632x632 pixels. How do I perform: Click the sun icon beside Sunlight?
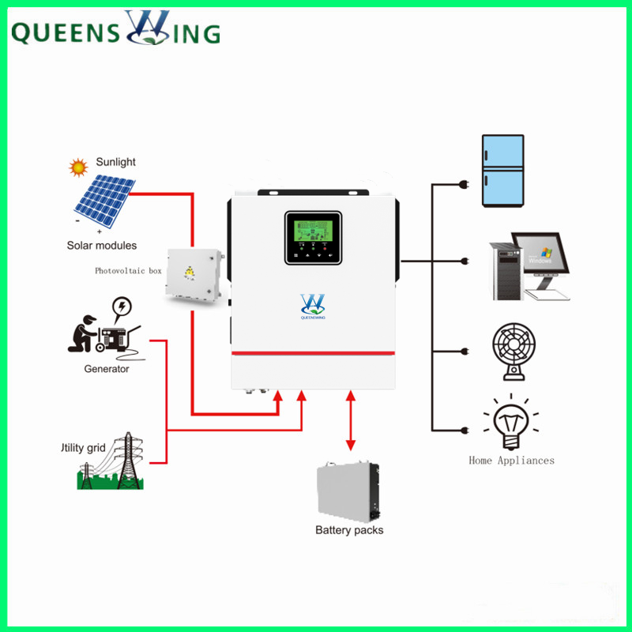point(77,167)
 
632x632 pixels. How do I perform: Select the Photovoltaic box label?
point(128,271)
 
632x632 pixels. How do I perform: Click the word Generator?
point(106,369)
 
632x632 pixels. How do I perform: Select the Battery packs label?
point(349,530)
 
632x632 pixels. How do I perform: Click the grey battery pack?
point(350,491)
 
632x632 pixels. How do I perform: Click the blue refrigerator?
point(503,171)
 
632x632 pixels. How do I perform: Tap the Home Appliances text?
point(511,461)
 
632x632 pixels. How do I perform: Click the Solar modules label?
point(101,246)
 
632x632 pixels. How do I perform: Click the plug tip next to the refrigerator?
point(460,185)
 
